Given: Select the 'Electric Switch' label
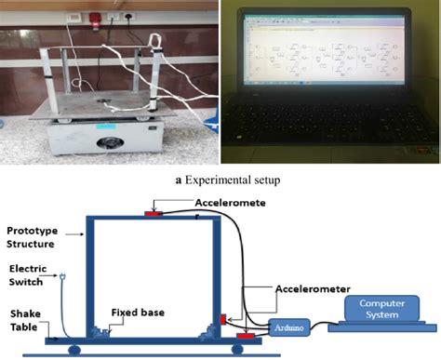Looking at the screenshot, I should click(x=24, y=277).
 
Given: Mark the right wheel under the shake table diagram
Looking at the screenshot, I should click(x=240, y=349).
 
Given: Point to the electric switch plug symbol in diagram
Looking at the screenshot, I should click(x=61, y=277).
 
